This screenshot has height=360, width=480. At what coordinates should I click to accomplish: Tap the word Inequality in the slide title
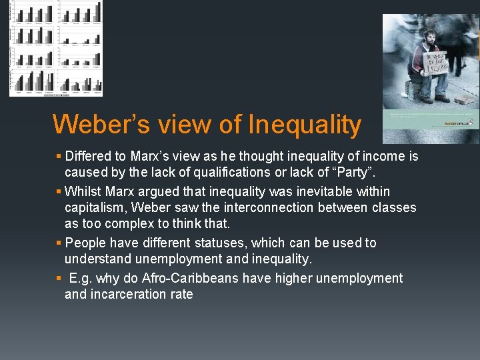(305, 125)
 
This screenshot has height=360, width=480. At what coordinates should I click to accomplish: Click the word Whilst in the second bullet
(83, 192)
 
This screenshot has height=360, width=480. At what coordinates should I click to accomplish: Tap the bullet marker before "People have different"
(59, 243)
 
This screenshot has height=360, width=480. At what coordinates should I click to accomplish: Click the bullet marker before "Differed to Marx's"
(59, 157)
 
